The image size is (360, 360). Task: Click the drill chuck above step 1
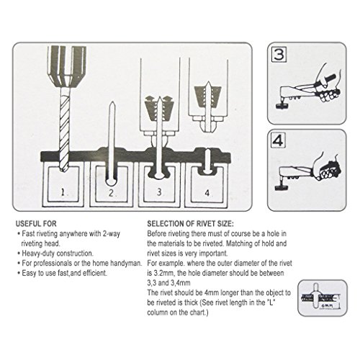click(66, 66)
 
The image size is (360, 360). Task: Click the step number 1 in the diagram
click(63, 192)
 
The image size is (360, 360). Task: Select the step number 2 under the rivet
click(111, 193)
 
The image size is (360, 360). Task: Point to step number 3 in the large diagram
click(159, 192)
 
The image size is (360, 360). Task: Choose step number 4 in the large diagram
click(207, 193)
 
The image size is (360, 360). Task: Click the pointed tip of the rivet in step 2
click(112, 102)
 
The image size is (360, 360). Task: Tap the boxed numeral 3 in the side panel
click(279, 55)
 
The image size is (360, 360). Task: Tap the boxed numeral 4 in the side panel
click(278, 140)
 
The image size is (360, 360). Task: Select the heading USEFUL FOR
click(36, 224)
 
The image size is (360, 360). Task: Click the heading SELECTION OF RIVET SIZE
click(190, 224)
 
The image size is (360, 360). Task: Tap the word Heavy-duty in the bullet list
click(38, 253)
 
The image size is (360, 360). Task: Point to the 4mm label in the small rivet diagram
click(326, 306)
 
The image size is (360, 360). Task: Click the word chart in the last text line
click(199, 312)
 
